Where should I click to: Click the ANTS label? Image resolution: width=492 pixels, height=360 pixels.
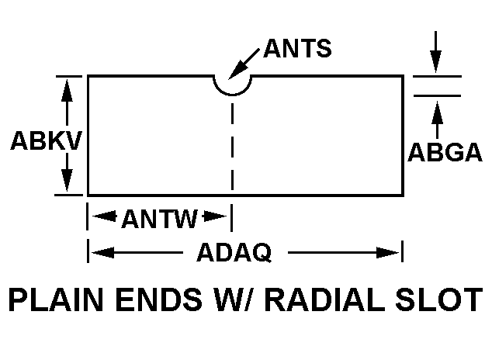(x=297, y=48)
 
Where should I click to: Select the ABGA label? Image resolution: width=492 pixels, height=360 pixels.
(x=445, y=152)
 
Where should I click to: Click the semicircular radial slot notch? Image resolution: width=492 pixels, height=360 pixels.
(x=232, y=84)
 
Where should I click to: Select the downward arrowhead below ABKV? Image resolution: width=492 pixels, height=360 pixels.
(x=68, y=183)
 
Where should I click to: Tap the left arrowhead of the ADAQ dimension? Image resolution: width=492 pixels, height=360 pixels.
(x=100, y=252)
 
